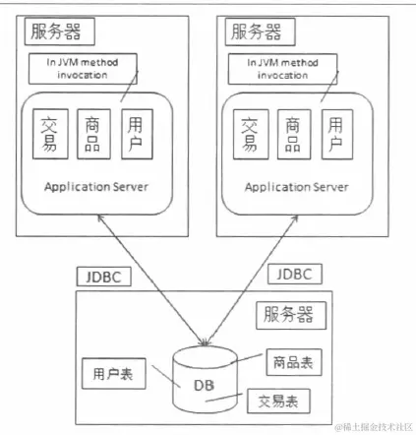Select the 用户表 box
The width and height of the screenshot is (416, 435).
pos(113,373)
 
